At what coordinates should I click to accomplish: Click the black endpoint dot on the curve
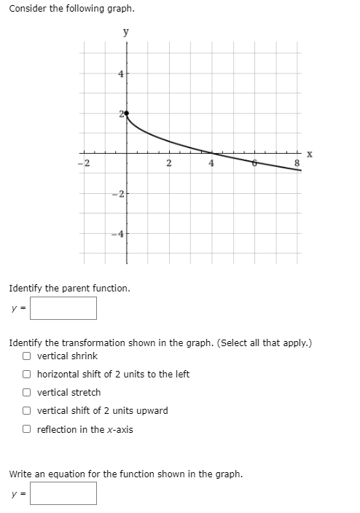(126, 114)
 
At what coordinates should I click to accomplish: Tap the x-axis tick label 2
(168, 162)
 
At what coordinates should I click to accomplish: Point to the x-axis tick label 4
(211, 162)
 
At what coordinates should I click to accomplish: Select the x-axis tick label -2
(84, 162)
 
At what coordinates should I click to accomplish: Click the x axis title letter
(310, 154)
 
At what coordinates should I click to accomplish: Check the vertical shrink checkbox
(26, 356)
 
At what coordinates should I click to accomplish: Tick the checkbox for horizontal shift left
(26, 375)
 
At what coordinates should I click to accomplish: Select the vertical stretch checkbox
(26, 393)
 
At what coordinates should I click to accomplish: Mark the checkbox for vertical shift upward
(26, 411)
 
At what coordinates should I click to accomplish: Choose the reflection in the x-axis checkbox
(26, 429)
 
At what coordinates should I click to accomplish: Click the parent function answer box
(63, 308)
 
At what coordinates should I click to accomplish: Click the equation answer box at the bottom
(63, 493)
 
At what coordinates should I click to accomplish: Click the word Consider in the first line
(28, 8)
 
